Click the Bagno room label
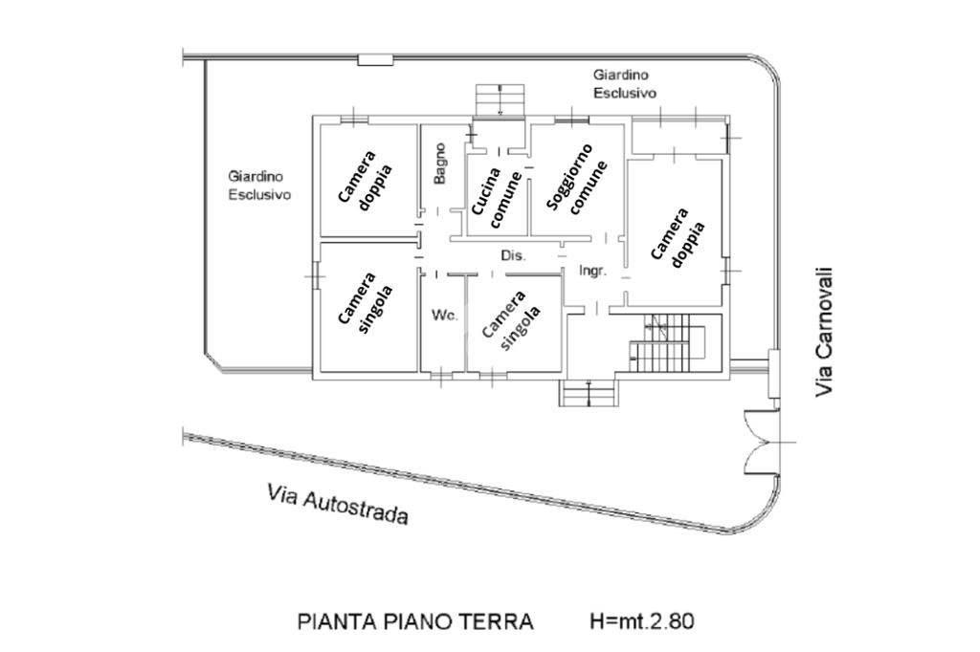pos(440,163)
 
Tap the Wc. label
pos(445,315)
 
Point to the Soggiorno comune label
pos(577,179)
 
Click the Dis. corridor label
pos(514,255)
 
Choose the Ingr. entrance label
pos(592,272)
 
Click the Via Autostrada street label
pos(338,504)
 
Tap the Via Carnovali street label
pos(824,332)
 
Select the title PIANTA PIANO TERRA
pos(415,622)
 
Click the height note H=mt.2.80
pos(642,621)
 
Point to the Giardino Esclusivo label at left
pos(259,185)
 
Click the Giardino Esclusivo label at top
pos(625,84)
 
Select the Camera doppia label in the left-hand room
pos(366,180)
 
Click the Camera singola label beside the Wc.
pos(512,321)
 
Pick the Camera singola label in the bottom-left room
pos(366,302)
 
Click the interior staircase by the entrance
pos(667,343)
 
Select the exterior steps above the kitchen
pos(500,100)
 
